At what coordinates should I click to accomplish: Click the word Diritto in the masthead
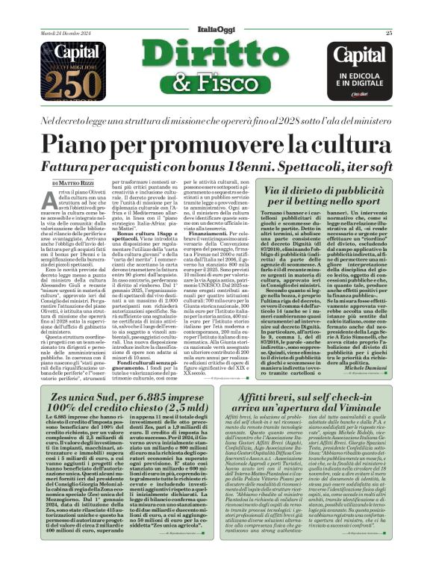pyautogui.click(x=216, y=57)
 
